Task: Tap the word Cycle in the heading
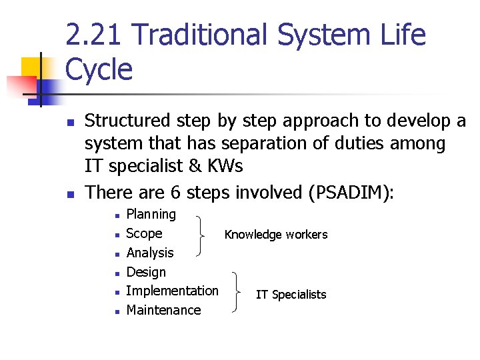[x=99, y=69]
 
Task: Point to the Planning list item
[x=151, y=215]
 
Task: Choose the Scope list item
[x=144, y=233]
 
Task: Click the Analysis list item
[x=150, y=253]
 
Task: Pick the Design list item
[x=146, y=272]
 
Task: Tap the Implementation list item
[x=172, y=291]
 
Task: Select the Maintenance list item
[x=163, y=310]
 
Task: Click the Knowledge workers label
[x=276, y=235]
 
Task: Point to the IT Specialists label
[x=291, y=295]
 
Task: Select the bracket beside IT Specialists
[x=238, y=292]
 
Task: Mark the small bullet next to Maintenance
[x=116, y=311]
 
